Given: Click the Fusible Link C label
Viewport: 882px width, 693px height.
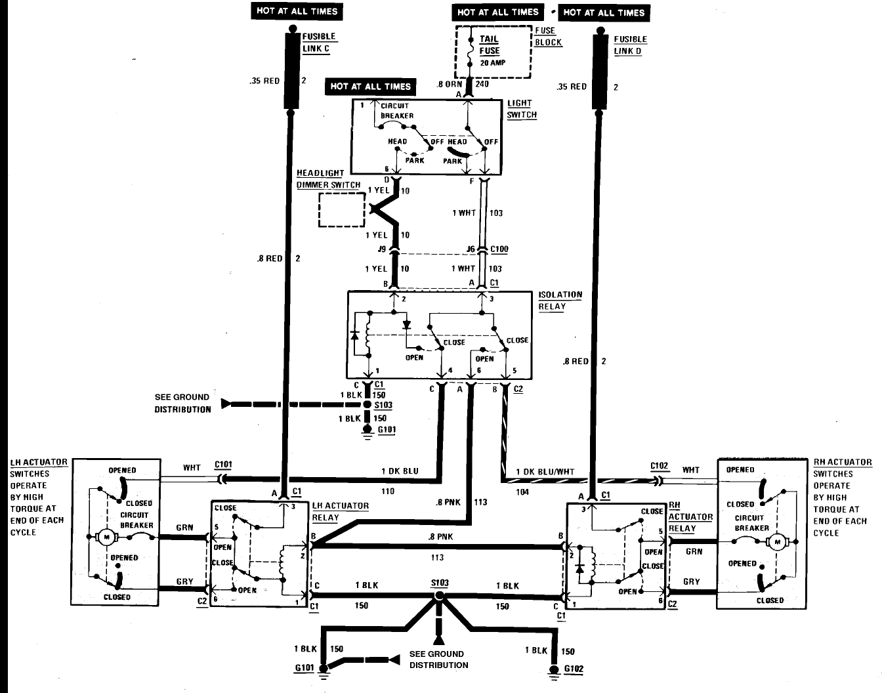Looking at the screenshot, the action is click(320, 43).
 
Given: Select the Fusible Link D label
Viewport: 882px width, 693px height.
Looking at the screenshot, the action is click(631, 45).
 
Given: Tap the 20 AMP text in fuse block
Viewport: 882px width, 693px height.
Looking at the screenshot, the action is click(493, 63).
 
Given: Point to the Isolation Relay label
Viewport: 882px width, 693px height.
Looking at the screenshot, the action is click(560, 301).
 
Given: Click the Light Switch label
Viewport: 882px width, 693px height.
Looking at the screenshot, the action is click(522, 109).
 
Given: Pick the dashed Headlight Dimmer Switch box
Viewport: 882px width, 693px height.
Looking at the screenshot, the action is click(342, 210).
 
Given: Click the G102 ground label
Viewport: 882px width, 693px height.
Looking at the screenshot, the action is click(574, 669).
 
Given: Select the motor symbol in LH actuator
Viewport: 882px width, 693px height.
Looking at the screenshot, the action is click(107, 537).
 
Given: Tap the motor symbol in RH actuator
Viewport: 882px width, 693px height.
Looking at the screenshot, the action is click(777, 542).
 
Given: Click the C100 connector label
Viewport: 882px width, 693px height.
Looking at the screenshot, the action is click(499, 249).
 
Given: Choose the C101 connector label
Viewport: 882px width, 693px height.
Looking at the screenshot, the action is click(223, 464).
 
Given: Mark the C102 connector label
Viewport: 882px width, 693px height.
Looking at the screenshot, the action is click(659, 465).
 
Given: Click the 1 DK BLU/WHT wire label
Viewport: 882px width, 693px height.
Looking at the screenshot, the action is click(545, 471).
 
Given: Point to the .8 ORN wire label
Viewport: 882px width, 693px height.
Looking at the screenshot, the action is click(450, 84).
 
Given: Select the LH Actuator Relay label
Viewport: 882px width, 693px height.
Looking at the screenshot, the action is click(340, 512).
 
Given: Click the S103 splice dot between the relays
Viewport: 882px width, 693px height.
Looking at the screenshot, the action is click(439, 596).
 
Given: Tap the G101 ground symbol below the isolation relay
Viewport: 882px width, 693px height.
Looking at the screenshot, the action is click(367, 432).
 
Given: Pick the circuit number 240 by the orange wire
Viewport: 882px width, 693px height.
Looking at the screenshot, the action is click(482, 83).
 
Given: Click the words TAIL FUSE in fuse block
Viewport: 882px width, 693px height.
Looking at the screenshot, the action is click(490, 45).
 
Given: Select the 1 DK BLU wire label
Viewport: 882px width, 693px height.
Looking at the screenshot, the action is click(400, 471).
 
